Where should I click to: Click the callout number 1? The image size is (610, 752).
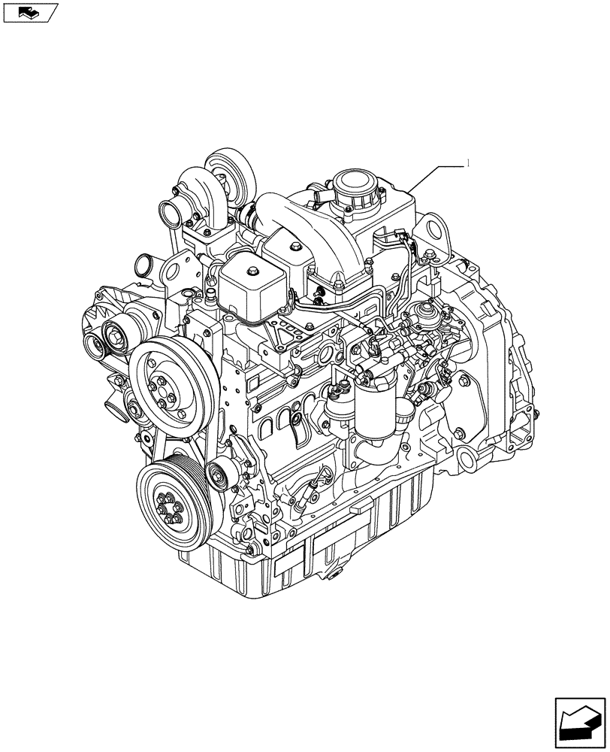point(469,163)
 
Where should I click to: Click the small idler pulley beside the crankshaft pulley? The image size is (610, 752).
point(220,477)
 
